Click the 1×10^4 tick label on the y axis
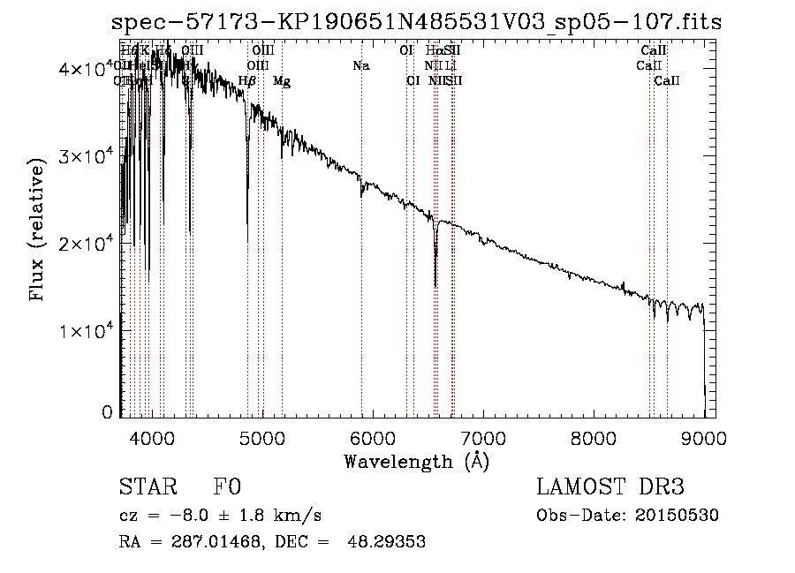[x=84, y=330]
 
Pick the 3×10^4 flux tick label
[x=84, y=156]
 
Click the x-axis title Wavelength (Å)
[x=416, y=461]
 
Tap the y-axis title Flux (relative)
[x=38, y=231]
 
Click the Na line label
[x=360, y=65]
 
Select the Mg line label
[x=282, y=81]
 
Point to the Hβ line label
[x=247, y=81]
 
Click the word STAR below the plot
[x=147, y=487]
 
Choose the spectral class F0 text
[x=227, y=487]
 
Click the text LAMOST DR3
[x=609, y=487]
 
